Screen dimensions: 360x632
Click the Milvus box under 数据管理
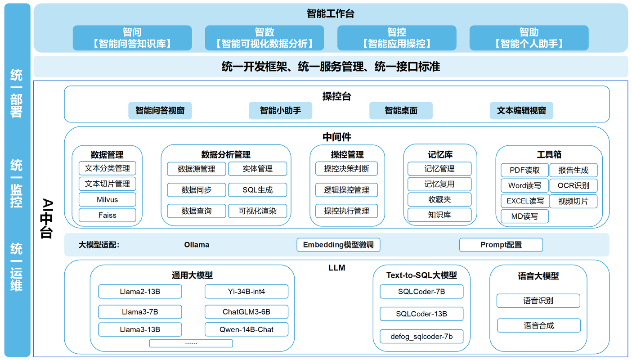tap(107, 199)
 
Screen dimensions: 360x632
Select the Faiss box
tap(107, 215)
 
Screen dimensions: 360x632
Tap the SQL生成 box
tap(257, 190)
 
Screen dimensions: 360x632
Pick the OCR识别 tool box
tap(573, 185)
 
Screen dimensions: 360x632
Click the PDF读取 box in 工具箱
tap(524, 170)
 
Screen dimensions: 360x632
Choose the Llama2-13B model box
tap(140, 292)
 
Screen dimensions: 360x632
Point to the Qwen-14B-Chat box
tap(247, 329)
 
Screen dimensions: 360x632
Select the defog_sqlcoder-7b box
tap(421, 336)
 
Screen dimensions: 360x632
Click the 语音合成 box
tap(538, 325)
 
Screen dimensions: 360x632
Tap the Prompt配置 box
tap(501, 245)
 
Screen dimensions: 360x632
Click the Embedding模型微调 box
tap(338, 245)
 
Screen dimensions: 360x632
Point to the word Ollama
tap(197, 245)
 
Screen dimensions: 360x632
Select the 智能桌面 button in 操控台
tap(401, 110)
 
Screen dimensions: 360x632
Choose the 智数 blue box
tap(264, 38)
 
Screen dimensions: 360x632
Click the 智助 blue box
tap(529, 38)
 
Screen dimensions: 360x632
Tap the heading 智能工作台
tap(331, 14)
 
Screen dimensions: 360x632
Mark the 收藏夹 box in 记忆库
tap(439, 199)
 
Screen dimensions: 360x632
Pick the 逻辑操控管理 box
tap(346, 190)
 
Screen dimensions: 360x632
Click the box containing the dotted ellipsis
tap(191, 343)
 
